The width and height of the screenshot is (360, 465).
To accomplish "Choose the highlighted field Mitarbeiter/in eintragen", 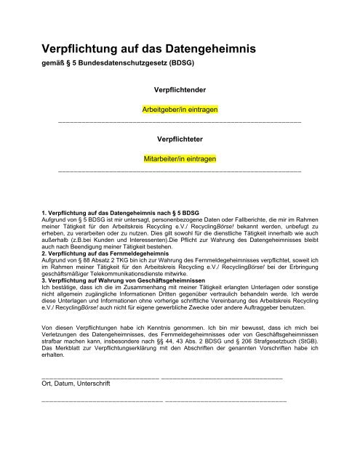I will point(179,156).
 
